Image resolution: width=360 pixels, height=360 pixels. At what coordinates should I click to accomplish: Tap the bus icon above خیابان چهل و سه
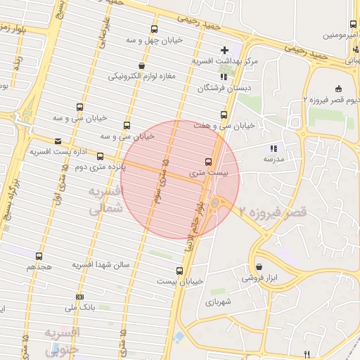(x=154, y=30)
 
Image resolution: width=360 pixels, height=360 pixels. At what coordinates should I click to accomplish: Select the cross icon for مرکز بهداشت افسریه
(x=224, y=50)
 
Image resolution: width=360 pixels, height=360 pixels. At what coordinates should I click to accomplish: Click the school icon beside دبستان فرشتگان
(x=224, y=77)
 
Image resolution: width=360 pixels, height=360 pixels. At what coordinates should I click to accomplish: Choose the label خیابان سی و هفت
(x=224, y=126)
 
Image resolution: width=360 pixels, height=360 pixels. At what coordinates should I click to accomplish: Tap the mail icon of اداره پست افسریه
(x=58, y=141)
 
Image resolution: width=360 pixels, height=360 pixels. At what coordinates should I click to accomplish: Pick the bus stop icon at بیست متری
(x=207, y=161)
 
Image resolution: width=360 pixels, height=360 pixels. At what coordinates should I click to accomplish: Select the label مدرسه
(x=273, y=160)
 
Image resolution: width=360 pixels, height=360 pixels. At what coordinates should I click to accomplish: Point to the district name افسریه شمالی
(x=105, y=200)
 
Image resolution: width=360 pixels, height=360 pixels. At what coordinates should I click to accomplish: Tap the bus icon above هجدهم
(x=38, y=257)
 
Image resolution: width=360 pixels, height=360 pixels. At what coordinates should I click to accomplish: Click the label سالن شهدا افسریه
(x=101, y=265)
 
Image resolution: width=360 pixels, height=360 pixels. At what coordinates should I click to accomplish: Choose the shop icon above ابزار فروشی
(x=260, y=267)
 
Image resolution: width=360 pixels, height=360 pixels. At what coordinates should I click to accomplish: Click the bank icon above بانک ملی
(x=79, y=297)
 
